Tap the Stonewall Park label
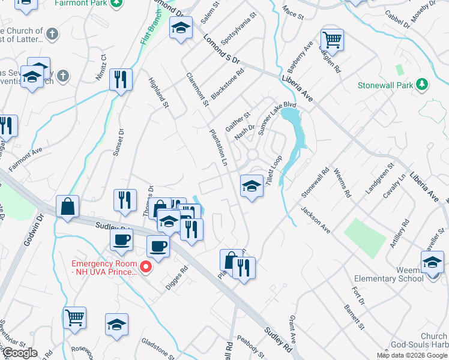[385, 85]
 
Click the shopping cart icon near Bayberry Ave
[332, 40]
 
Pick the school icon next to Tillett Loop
[252, 186]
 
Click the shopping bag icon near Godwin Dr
[68, 206]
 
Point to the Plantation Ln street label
[218, 149]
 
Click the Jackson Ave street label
[316, 220]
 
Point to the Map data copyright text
[412, 355]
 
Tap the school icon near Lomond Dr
[180, 28]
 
